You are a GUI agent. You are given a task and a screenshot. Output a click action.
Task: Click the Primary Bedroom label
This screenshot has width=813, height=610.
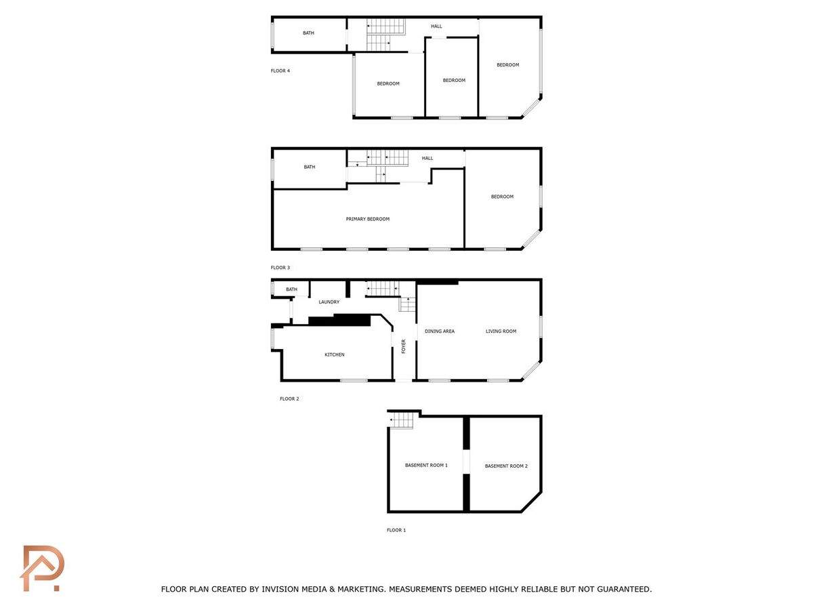coord(367,219)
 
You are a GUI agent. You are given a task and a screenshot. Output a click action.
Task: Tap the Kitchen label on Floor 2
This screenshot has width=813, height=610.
coord(335,354)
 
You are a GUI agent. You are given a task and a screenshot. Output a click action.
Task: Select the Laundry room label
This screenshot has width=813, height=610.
coord(329,302)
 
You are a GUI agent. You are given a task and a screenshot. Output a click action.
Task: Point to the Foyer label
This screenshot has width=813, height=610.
coord(403,346)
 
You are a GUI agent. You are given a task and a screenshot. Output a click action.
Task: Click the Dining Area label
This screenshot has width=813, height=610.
coord(439,331)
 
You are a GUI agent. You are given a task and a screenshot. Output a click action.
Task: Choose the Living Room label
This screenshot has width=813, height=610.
coord(501,331)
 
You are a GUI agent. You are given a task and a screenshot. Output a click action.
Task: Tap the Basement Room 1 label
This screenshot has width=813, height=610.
coord(426,465)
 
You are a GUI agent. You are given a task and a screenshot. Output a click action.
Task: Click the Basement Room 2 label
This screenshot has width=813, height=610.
coord(506,466)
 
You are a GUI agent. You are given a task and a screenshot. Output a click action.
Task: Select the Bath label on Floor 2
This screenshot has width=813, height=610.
coord(291,289)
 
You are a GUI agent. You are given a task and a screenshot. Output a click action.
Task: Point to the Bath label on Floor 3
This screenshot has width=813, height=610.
coord(309,167)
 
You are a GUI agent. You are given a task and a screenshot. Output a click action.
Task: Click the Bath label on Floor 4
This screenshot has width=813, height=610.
coord(308,33)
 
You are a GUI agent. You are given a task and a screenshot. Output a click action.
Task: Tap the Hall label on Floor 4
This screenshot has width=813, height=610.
coord(436,26)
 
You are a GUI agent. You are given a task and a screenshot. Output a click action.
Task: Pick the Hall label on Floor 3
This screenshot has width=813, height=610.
coord(427,158)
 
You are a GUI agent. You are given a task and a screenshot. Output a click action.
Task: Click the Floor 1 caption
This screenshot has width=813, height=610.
coord(396,530)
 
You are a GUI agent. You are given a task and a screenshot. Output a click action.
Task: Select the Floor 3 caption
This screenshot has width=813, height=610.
coord(280,268)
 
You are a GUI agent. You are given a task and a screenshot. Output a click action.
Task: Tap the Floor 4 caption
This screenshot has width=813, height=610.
coord(280,70)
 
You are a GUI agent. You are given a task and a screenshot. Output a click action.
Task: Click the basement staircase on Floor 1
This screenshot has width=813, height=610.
coord(402,420)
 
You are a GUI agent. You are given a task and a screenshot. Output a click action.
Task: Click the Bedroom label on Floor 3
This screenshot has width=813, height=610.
coord(502,197)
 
